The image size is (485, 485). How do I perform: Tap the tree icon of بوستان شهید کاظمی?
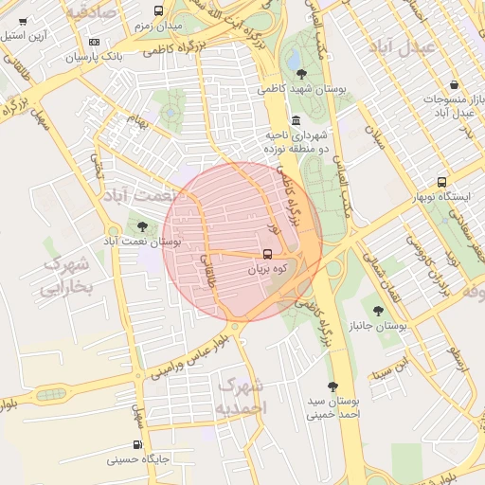click(301, 73)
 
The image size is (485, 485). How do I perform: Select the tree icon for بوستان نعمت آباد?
click(142, 226)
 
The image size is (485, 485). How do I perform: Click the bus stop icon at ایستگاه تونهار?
click(441, 182)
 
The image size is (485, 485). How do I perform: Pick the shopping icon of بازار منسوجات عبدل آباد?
click(454, 84)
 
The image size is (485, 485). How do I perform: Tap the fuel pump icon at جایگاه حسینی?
click(138, 444)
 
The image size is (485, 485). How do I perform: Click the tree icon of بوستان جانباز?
click(378, 310)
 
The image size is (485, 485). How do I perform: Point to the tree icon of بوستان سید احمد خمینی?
click(332, 386)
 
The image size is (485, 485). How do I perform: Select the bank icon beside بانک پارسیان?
click(94, 42)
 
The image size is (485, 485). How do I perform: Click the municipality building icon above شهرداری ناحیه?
click(296, 120)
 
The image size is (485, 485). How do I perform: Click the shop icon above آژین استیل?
click(23, 20)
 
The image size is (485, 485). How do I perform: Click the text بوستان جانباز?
click(377, 326)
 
